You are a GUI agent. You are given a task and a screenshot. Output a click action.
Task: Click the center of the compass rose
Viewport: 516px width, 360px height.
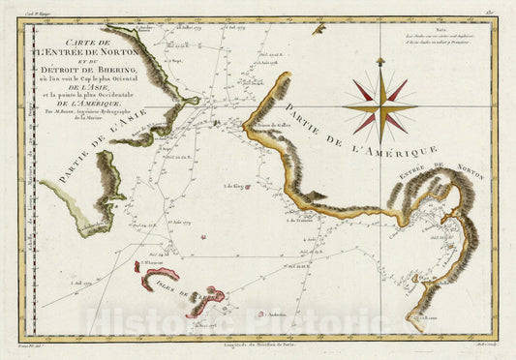tap(379, 106)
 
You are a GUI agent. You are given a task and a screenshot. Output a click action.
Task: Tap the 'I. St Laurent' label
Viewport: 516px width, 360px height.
tap(150, 262)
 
